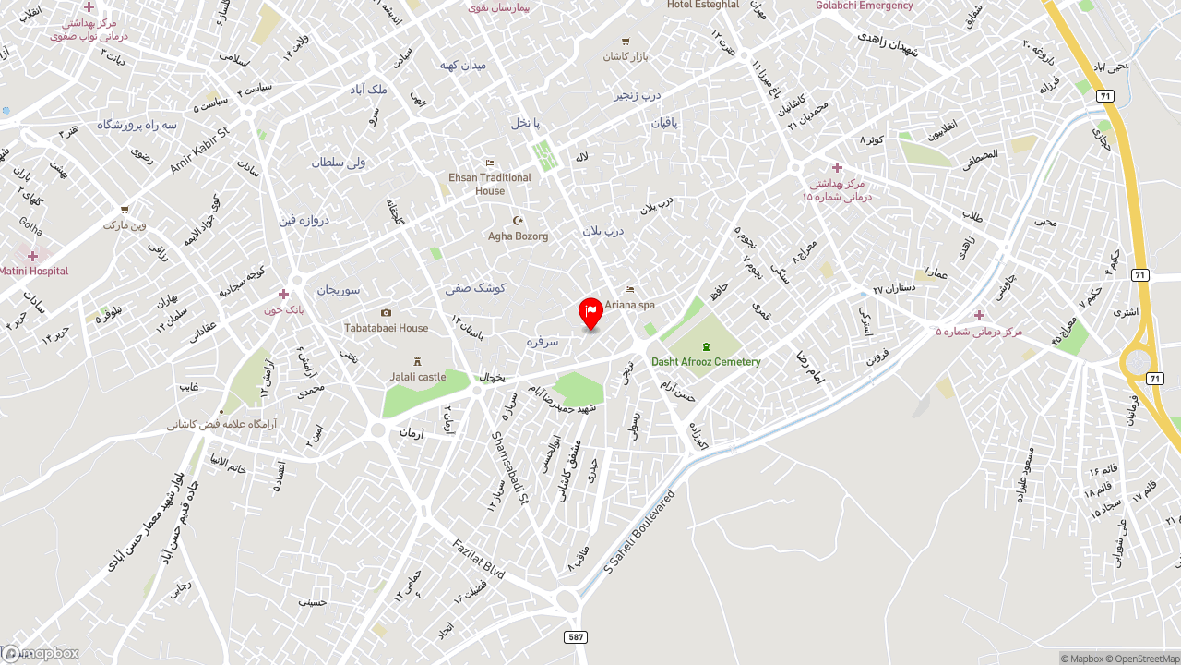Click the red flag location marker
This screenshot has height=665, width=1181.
click(590, 312)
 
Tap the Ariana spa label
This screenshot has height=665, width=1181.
click(629, 304)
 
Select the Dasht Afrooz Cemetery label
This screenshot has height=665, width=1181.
click(706, 361)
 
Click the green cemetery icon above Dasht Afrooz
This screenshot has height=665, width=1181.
click(706, 346)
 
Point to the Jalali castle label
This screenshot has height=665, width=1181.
click(417, 377)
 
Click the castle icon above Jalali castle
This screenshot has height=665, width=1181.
click(417, 362)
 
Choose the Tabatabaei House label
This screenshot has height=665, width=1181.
click(386, 328)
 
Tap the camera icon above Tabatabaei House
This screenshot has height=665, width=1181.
click(386, 313)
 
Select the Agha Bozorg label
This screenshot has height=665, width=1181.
click(518, 236)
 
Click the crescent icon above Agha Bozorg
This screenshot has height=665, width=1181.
click(518, 221)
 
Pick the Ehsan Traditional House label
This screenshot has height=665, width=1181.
click(490, 184)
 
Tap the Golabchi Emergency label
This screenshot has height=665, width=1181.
click(864, 6)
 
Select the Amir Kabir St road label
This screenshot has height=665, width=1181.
click(198, 150)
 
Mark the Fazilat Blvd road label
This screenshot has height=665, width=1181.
click(478, 559)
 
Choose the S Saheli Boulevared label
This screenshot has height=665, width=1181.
click(639, 531)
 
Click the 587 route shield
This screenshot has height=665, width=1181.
click(576, 637)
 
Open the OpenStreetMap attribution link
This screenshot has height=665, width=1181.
click(1145, 659)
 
